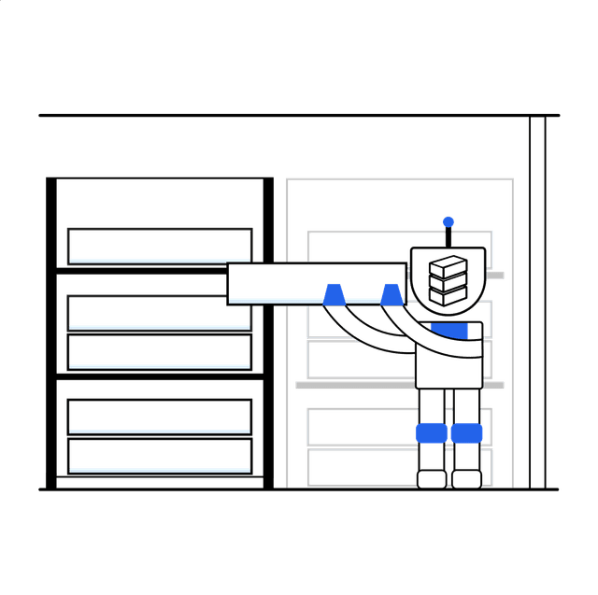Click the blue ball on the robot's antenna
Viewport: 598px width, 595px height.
coord(448,222)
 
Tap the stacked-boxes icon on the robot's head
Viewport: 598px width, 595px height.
coord(447,280)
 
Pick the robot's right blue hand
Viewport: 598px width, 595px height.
coord(392,295)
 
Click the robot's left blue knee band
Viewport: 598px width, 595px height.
coord(430,433)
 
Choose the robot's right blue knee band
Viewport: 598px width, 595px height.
coord(466,433)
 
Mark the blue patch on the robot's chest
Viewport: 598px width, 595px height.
coord(455,329)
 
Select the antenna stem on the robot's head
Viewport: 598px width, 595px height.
coord(448,237)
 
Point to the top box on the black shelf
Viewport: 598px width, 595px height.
coord(160,245)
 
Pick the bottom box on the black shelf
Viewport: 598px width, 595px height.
coord(160,456)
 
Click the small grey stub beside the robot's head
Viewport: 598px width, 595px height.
coord(496,276)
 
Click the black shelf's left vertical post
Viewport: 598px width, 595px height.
coord(52,332)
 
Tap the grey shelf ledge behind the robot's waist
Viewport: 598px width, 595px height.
coord(355,384)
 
